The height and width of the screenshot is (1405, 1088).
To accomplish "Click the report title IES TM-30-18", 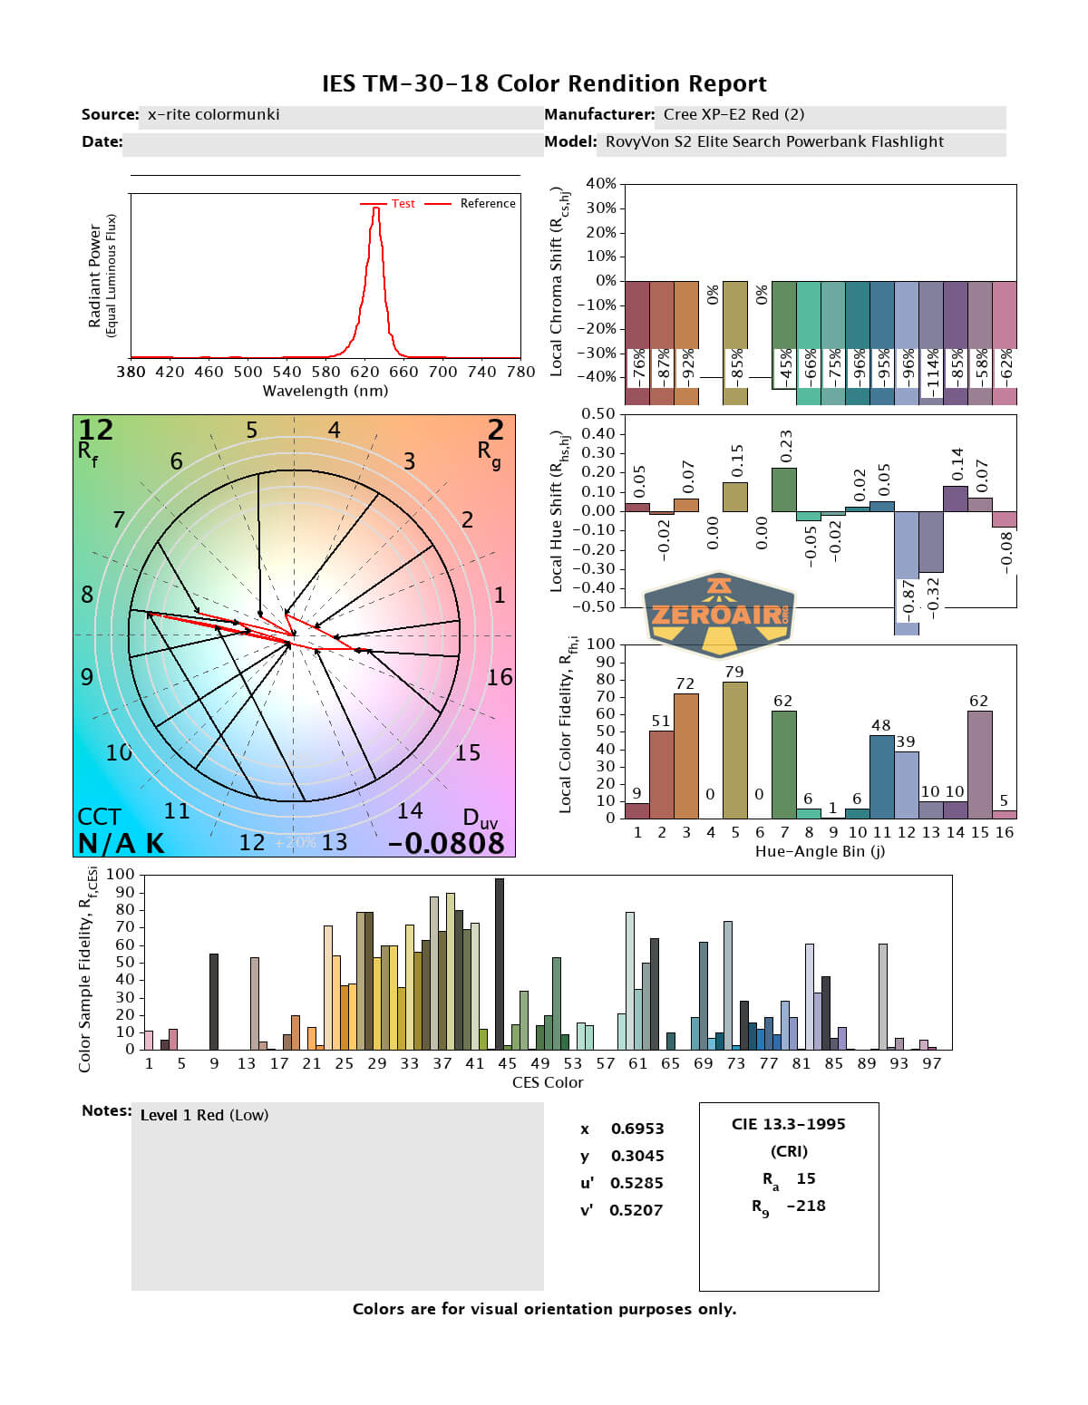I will coord(544,84).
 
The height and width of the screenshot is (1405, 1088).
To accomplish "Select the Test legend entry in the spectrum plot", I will coord(403,204).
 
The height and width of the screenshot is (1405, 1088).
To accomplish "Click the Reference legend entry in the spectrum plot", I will coord(487,204).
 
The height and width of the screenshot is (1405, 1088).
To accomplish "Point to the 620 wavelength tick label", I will coord(364,372).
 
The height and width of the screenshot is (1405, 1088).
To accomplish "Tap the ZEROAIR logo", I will coord(719,614).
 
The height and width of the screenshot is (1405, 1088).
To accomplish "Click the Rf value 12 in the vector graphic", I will coord(95,430).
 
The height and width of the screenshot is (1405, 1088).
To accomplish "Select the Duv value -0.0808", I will coord(446,843).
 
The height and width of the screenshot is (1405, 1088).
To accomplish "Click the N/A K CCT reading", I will coord(121,844).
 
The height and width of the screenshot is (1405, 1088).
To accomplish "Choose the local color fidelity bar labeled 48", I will coord(881,777).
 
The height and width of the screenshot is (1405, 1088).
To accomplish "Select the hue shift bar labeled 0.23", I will coord(784,489).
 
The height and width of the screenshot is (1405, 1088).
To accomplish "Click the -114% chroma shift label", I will coord(931,372).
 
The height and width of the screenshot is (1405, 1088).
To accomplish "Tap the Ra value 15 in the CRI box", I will coord(806,1178).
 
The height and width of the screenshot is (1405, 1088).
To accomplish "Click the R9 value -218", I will coord(806,1206).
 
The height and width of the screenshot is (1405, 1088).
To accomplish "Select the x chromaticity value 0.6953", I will coord(636,1129).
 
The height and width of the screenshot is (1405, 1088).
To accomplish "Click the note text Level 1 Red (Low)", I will coord(204,1115).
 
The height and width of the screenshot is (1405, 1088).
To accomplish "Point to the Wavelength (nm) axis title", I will coord(325,392).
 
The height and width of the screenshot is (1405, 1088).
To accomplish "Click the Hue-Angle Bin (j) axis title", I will coord(820,852).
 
